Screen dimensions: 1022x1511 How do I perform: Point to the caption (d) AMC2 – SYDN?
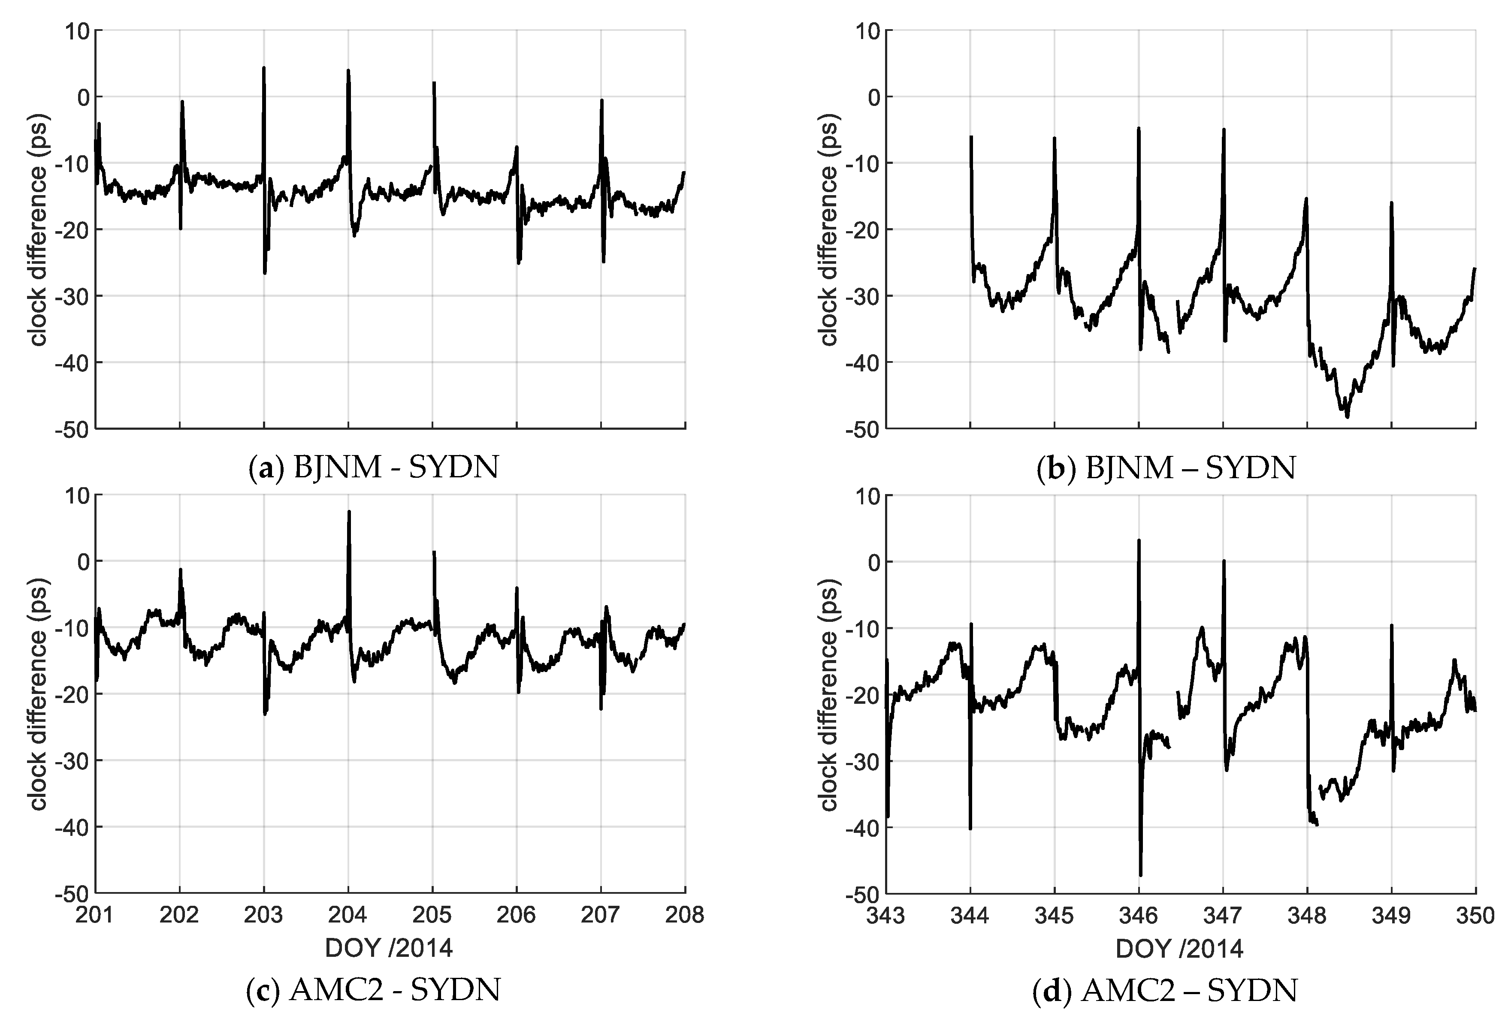(1166, 990)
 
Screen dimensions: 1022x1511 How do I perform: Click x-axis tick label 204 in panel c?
(348, 915)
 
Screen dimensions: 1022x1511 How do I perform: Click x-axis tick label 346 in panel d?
(1139, 915)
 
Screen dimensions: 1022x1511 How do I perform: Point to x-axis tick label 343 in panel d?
(887, 915)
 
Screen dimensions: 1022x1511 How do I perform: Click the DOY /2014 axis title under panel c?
(389, 949)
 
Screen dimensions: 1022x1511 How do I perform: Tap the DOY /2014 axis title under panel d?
(1179, 949)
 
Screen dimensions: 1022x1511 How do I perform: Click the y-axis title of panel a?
(39, 229)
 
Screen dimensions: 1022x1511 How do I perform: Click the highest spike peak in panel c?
(348, 512)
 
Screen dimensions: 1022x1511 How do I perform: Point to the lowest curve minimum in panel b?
(1347, 416)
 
